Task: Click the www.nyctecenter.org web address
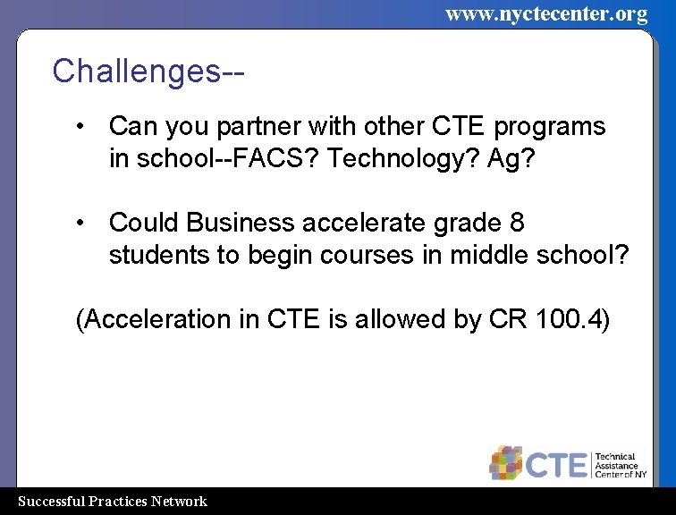(x=545, y=13)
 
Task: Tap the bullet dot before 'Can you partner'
(x=81, y=126)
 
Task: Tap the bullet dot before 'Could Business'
(x=81, y=222)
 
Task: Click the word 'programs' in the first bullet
(x=550, y=127)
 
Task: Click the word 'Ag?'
(x=510, y=159)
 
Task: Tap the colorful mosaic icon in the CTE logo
(x=505, y=462)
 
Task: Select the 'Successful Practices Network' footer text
(x=113, y=502)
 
